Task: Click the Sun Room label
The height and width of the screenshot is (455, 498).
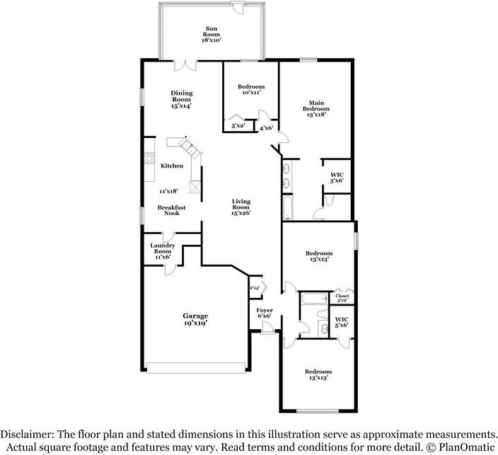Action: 212,33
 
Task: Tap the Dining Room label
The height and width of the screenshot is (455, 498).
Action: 183,99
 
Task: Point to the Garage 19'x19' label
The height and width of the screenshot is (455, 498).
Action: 197,319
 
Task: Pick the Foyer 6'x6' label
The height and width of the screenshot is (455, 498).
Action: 265,314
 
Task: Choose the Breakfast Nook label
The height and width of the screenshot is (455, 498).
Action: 172,210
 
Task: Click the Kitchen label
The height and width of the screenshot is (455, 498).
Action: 172,166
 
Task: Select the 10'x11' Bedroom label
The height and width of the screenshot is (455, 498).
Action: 250,90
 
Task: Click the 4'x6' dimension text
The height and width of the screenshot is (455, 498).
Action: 267,128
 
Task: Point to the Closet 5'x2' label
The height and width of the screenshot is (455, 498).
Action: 342,298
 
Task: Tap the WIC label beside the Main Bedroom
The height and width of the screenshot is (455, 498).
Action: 337,177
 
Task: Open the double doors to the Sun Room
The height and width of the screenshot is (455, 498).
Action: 185,65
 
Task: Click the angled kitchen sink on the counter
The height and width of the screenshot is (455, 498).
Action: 188,146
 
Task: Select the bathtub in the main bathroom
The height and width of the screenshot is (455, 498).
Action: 289,207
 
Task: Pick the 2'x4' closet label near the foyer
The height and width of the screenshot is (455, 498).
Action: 254,287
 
